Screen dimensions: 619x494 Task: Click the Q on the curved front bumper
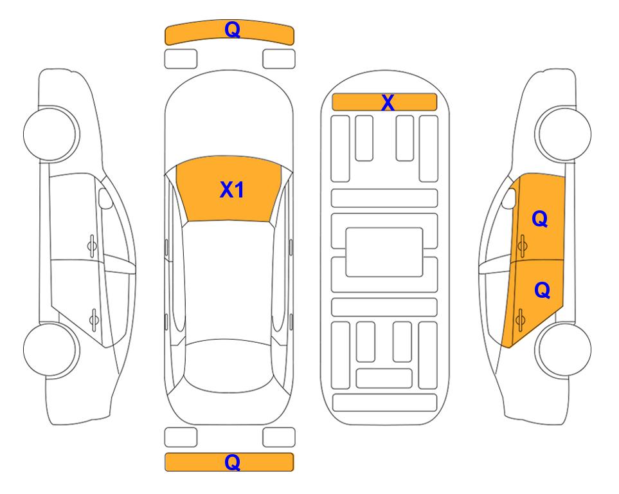pos(232,29)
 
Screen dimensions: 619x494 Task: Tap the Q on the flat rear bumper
pos(232,462)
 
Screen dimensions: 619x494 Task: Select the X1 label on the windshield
pos(232,190)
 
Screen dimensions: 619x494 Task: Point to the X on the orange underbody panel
pos(388,102)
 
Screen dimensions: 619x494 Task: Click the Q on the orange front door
pos(540,219)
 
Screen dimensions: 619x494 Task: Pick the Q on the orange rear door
pos(542,290)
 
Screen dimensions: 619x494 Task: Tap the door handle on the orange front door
pos(522,246)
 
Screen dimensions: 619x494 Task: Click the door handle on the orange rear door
pos(520,320)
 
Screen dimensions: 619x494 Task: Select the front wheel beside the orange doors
pos(563,134)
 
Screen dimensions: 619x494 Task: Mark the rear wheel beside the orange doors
pos(563,349)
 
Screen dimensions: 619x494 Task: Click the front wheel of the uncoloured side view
pos(51,134)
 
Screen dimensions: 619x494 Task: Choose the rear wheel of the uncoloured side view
pos(51,349)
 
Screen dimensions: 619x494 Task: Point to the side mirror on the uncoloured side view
pos(105,198)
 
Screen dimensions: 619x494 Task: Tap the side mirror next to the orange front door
pos(509,198)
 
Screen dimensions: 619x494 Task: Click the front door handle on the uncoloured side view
pos(92,246)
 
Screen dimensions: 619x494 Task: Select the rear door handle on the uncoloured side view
pos(94,320)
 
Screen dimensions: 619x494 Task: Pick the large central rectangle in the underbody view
pos(384,252)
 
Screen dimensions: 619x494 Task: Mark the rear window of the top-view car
pos(229,366)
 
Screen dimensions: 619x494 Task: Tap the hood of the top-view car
pos(229,118)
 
